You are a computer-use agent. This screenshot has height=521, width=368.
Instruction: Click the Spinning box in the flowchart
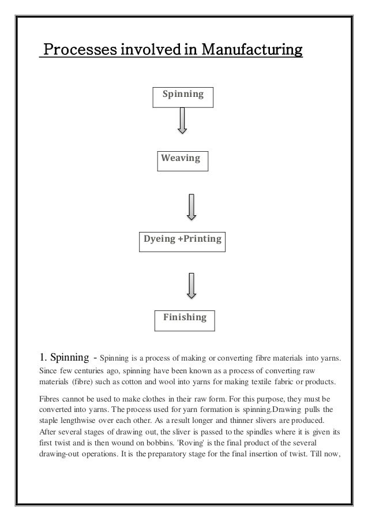pos(182,94)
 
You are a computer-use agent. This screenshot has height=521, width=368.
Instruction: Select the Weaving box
pos(182,158)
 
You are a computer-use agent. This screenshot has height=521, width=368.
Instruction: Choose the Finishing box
pos(184,318)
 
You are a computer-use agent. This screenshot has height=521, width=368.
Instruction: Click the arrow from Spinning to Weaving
pos(182,121)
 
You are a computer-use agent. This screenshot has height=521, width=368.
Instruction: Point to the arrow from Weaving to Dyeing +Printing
pos(191,206)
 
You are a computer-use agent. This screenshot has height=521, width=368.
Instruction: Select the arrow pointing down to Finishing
pos(191,286)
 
